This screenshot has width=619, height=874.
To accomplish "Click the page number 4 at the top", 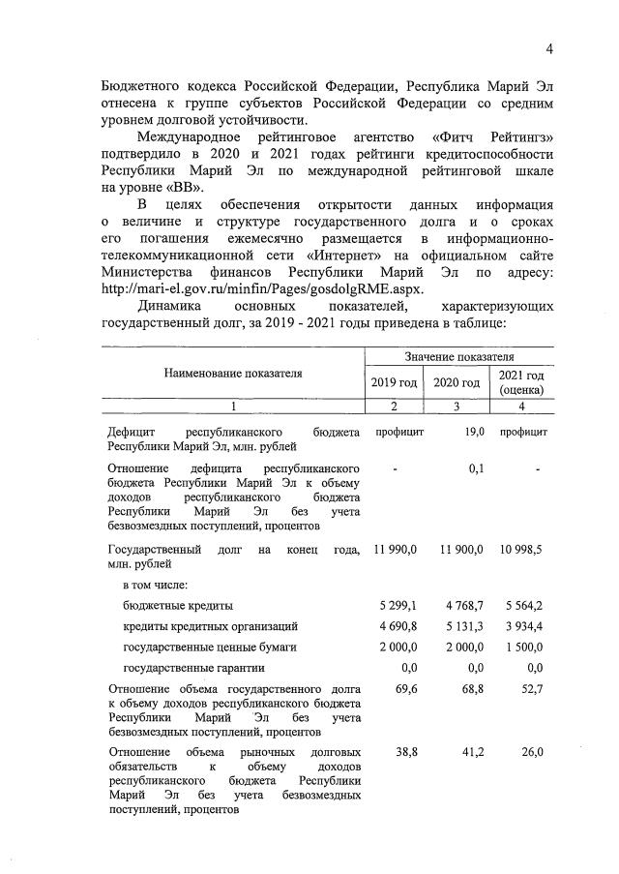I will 548,49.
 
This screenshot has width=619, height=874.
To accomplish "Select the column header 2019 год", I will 394,383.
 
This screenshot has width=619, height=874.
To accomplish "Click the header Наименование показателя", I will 232,374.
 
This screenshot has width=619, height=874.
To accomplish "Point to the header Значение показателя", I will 458,358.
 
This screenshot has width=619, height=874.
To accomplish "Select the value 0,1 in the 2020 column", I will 475,468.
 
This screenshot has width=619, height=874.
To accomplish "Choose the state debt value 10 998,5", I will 521,550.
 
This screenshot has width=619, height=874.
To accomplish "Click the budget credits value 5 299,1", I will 398,606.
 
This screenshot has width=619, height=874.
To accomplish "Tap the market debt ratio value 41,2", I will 473,752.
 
